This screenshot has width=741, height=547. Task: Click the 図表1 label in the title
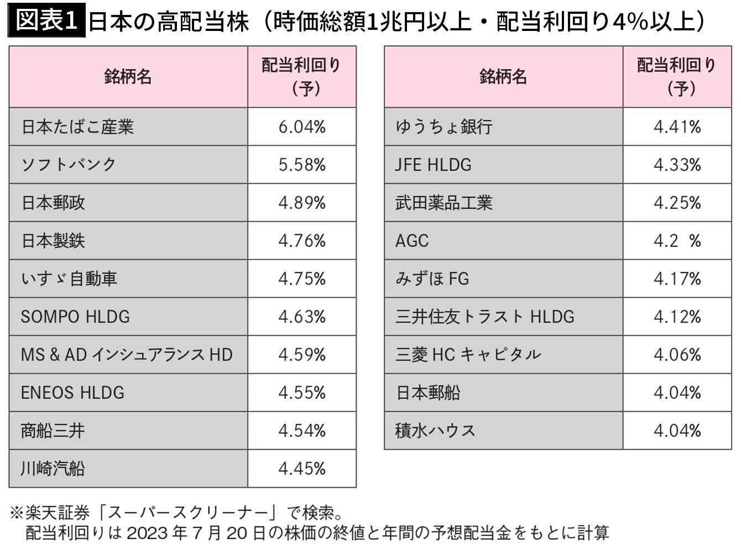(x=46, y=20)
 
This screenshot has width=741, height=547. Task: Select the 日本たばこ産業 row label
(x=77, y=127)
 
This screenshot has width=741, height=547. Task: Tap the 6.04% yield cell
(x=302, y=127)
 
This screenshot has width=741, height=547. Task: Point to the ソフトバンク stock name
(x=69, y=165)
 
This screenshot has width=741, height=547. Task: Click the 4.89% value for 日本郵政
(x=302, y=203)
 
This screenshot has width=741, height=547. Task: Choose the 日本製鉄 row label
(x=53, y=241)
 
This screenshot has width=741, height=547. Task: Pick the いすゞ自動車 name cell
(x=69, y=278)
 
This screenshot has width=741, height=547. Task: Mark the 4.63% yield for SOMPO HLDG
(x=302, y=317)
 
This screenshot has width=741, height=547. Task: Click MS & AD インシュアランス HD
(x=127, y=355)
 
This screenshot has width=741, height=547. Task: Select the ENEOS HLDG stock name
(x=72, y=392)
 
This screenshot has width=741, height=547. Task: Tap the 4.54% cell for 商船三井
(x=302, y=430)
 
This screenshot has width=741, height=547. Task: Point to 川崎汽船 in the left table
(x=53, y=469)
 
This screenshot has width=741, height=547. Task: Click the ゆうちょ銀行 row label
(x=443, y=127)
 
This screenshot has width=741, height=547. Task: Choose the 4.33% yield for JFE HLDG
(x=677, y=165)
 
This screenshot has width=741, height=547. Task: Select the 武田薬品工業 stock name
(x=443, y=203)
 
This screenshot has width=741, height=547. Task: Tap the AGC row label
(x=412, y=241)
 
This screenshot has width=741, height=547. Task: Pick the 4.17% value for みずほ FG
(x=677, y=278)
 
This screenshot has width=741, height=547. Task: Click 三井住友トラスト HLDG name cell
(x=484, y=317)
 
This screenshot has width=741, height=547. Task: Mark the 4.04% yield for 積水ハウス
(x=677, y=430)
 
